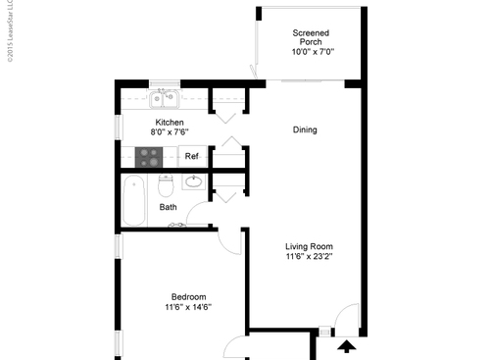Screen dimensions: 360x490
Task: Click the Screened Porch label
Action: [311, 38]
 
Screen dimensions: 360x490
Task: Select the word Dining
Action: [305, 129]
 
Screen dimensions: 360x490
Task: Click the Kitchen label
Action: [169, 123]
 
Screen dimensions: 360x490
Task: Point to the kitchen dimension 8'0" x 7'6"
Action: [169, 132]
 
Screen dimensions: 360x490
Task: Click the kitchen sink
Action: [163, 98]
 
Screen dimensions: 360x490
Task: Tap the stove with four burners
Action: [149, 155]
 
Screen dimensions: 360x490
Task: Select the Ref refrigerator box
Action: [192, 156]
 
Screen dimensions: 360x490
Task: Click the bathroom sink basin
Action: [194, 182]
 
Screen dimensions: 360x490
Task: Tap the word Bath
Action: [169, 208]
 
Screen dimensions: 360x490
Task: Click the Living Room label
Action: [309, 246]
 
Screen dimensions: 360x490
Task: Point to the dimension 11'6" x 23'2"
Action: [309, 257]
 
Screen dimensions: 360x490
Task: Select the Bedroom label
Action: [189, 297]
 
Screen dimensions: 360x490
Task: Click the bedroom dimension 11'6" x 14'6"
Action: [189, 308]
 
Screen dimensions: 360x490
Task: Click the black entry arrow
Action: [345, 345]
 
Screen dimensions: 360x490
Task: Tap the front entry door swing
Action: [343, 320]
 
